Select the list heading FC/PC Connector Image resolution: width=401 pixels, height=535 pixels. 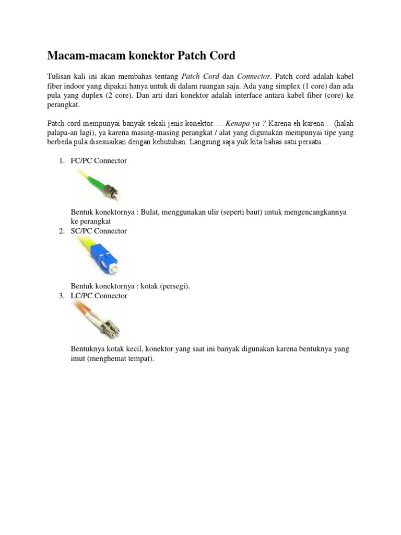(x=99, y=160)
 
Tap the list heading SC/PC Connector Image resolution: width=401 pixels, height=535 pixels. (x=99, y=231)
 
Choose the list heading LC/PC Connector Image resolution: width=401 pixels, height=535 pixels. (x=99, y=296)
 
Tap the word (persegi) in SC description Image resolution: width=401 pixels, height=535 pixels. (x=175, y=286)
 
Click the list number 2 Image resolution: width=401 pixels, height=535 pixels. (x=61, y=231)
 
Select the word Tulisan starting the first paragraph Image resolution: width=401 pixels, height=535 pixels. (x=60, y=76)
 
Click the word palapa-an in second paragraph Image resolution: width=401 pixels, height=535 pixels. (x=62, y=133)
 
